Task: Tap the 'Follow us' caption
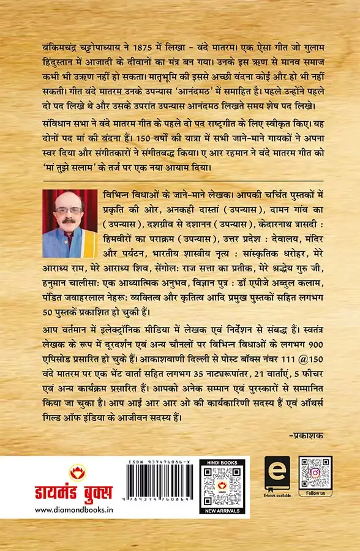click(315, 493)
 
